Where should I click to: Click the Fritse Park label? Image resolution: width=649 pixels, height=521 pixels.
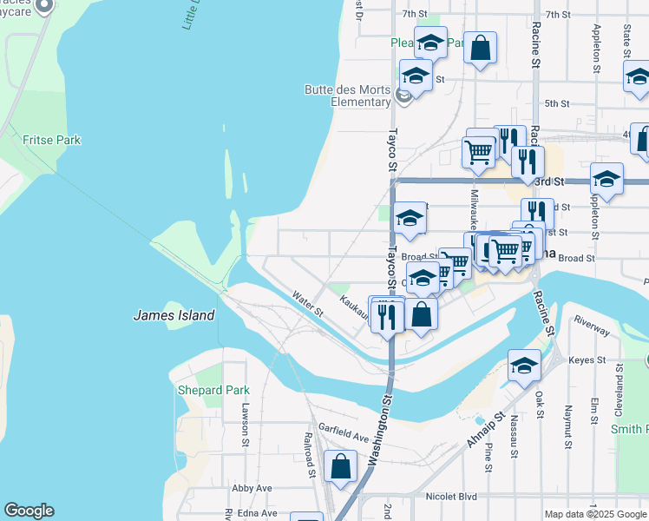[51, 140]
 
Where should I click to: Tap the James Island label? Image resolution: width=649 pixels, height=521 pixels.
[174, 316]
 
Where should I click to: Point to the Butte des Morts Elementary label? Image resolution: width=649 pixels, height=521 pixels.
[347, 96]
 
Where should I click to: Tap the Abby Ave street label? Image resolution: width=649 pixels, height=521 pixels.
[252, 488]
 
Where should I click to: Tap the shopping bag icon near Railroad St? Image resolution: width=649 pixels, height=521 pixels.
[341, 466]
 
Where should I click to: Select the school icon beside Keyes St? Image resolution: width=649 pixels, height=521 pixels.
[524, 366]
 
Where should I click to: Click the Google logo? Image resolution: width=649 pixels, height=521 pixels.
[29, 511]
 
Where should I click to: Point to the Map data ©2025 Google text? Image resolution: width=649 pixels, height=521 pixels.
[593, 514]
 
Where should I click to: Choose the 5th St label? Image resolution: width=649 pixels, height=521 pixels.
[556, 103]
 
